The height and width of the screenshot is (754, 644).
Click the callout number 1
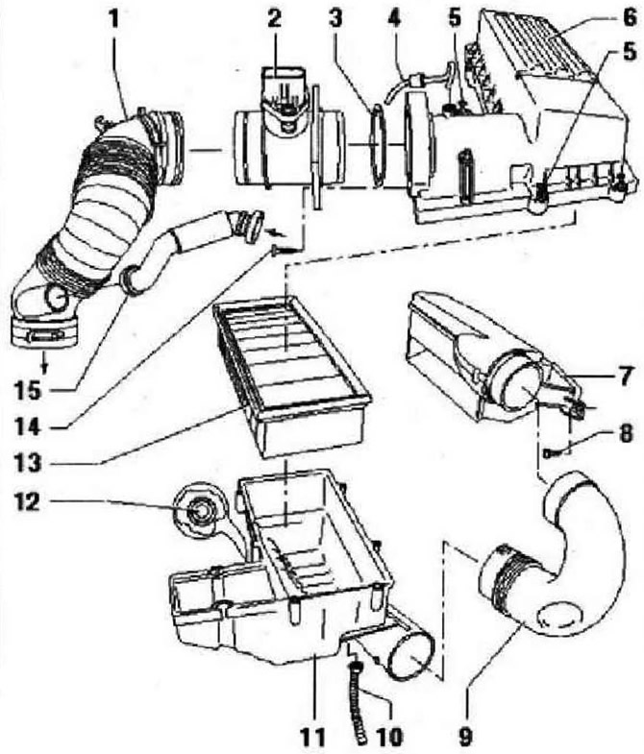point(114,19)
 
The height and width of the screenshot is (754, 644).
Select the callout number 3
point(335,19)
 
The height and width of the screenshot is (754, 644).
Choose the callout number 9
point(464,735)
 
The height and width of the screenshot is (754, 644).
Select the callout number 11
point(312,735)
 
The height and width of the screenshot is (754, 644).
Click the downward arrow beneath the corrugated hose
point(44,365)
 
